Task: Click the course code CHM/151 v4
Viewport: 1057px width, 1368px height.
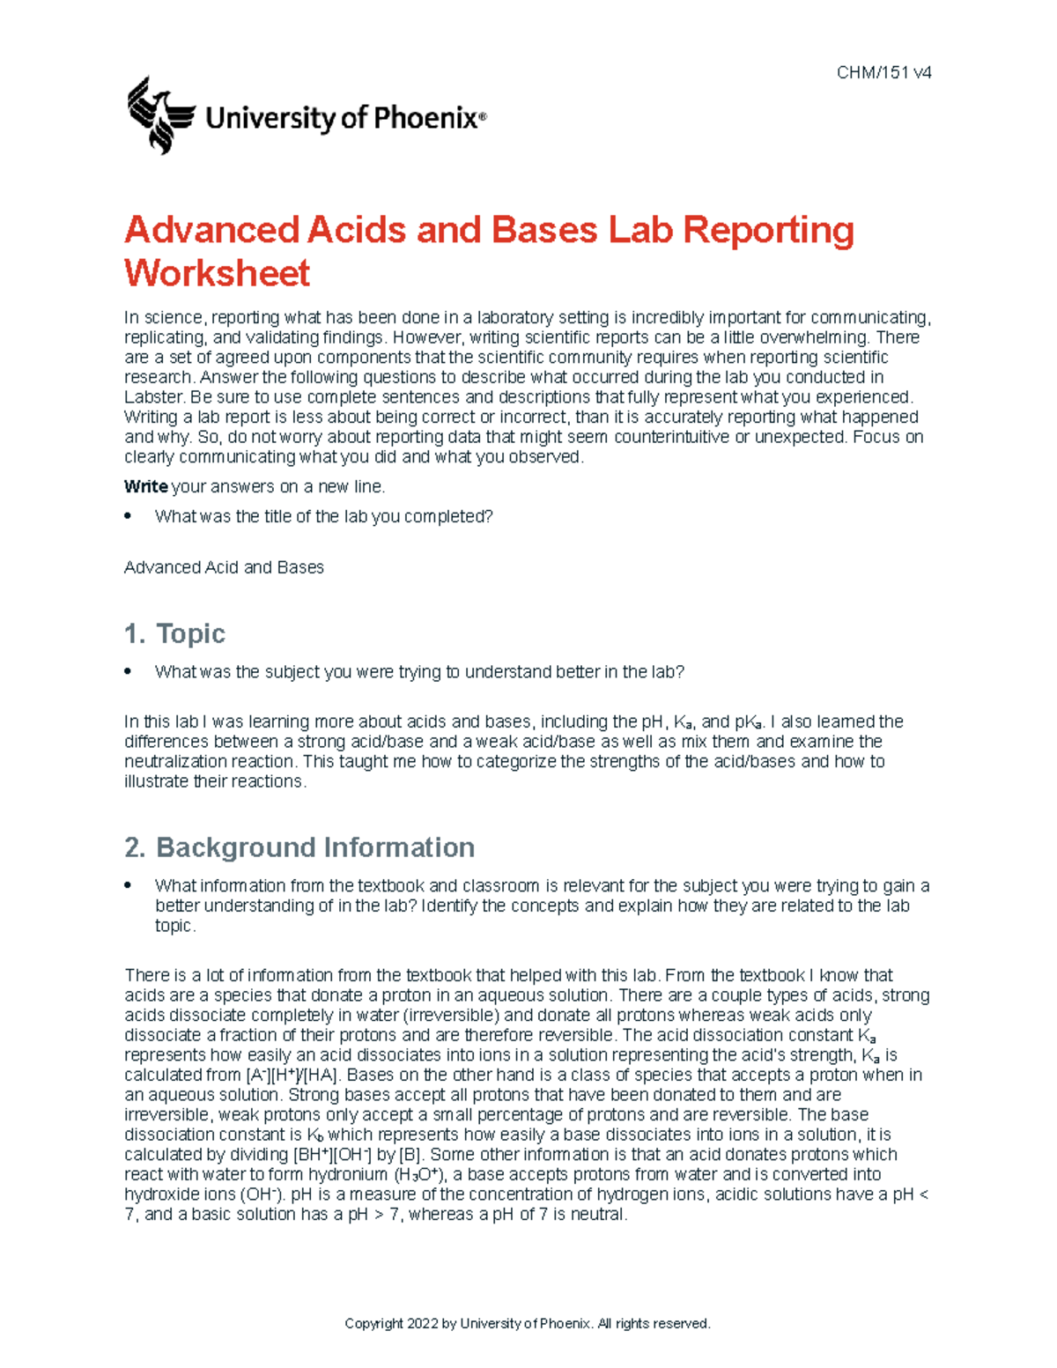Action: click(x=883, y=73)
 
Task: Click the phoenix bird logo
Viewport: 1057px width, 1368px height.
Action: click(x=160, y=115)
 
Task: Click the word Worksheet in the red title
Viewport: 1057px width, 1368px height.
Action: click(x=217, y=273)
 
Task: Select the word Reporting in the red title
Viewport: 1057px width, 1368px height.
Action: click(x=768, y=230)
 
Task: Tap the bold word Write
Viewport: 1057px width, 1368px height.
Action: click(x=145, y=487)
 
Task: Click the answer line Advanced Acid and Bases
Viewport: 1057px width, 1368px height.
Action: click(x=224, y=568)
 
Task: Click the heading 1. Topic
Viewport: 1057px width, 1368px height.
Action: click(x=174, y=633)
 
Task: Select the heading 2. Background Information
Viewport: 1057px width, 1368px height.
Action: click(x=299, y=847)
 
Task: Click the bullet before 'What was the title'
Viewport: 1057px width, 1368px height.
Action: click(x=129, y=516)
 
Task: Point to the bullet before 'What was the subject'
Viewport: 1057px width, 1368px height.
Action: click(x=129, y=671)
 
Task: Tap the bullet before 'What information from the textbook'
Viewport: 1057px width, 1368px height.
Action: click(x=129, y=885)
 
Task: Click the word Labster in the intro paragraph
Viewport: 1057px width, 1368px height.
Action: click(x=153, y=397)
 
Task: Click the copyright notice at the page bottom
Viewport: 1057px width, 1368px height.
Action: click(x=527, y=1324)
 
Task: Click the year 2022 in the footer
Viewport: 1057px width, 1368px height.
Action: click(x=420, y=1324)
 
